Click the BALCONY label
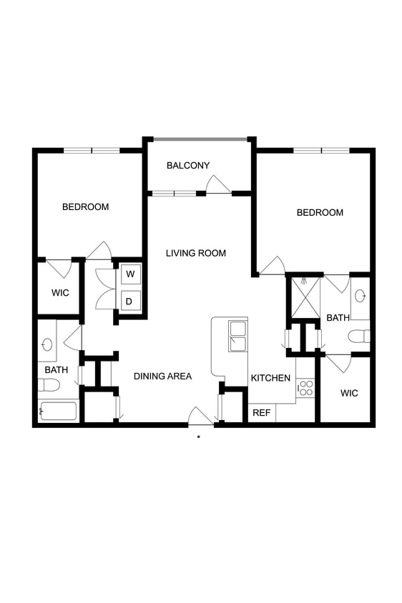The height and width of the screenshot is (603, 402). coord(188,166)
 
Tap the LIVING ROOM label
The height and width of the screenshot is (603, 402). coord(196,253)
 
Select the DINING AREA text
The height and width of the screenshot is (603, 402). coord(163,376)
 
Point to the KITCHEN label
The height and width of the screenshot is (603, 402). coord(270,378)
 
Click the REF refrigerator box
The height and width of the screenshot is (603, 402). coord(262,413)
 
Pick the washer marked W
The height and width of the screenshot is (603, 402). coord(130,274)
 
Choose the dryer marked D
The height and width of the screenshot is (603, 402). coord(130,301)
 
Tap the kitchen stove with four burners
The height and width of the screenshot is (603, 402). coord(305,388)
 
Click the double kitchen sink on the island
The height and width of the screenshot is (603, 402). coord(237,336)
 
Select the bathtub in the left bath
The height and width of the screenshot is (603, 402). coord(58,412)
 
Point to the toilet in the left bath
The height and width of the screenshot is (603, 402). coord(49,385)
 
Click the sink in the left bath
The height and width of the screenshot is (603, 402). coord(47,344)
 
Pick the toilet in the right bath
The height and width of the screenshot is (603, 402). coord(359,336)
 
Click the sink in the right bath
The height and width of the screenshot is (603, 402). coord(360,295)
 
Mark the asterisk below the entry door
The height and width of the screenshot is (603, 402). coord(199,437)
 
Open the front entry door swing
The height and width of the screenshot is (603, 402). coord(200,416)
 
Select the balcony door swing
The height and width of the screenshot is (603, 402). coord(217,185)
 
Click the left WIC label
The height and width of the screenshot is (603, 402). coord(60,293)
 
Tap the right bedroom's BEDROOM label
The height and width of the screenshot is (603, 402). coord(320,212)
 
